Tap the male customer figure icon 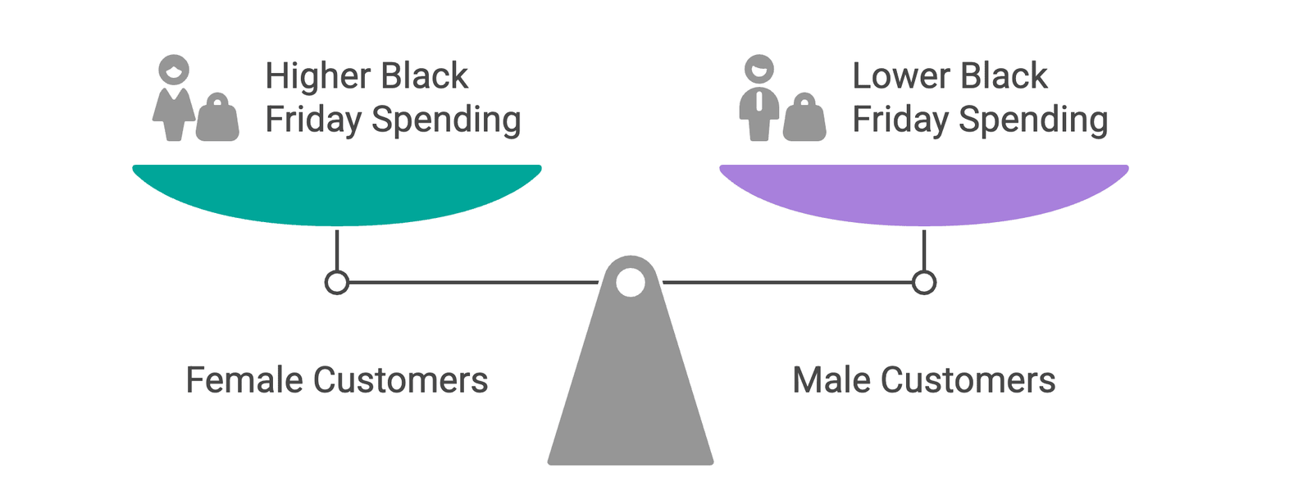759,98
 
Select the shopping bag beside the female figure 217,119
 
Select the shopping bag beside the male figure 804,119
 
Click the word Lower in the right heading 900,76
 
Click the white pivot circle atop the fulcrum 630,283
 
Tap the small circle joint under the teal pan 337,283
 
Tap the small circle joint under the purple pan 924,283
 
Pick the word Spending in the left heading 446,120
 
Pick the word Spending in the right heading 1033,120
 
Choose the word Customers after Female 400,380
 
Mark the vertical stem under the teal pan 337,250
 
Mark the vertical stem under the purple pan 924,250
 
